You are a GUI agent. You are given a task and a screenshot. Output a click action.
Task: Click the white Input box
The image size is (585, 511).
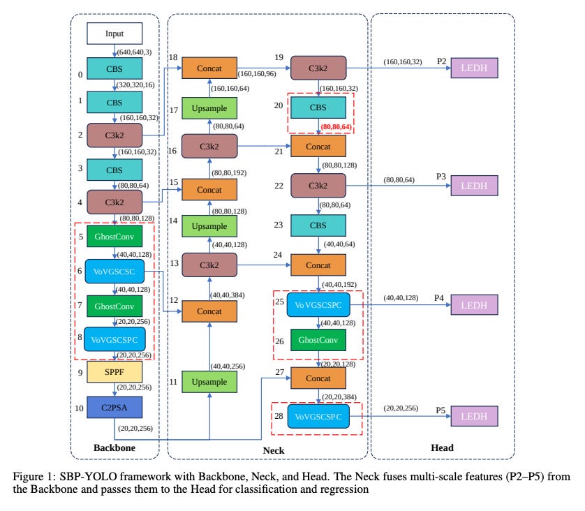point(114,33)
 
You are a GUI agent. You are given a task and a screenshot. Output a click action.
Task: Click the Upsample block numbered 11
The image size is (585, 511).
point(210,382)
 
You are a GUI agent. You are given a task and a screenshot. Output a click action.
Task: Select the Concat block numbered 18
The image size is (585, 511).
point(210,68)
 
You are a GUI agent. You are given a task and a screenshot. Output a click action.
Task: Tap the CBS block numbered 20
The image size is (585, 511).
point(318,108)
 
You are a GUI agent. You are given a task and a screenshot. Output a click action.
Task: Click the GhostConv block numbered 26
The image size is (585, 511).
point(318,340)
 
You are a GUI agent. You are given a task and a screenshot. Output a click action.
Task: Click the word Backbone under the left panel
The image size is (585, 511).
point(114,447)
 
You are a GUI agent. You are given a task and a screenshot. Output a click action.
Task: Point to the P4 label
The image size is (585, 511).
point(439,297)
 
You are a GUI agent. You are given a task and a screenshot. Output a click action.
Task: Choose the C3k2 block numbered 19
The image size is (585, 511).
point(318,68)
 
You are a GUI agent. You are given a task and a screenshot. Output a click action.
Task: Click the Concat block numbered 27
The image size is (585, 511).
point(318,378)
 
